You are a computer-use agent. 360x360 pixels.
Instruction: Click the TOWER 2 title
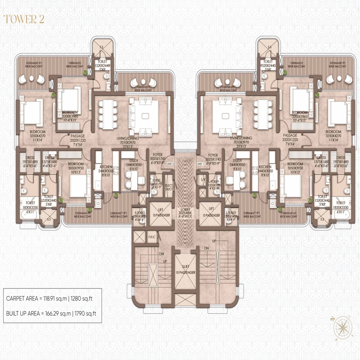coord(24,19)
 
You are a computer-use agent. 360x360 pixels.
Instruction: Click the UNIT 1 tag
coord(201,164)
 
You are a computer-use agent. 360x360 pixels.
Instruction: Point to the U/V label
coord(203,179)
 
